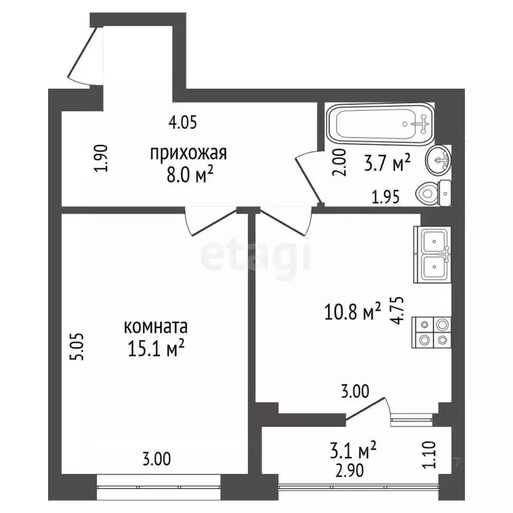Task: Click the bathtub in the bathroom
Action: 381,124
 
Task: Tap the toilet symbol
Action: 433,193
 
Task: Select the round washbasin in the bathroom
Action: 438,160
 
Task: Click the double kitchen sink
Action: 433,254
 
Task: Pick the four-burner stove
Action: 432,333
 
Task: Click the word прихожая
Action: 188,154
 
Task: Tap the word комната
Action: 156,327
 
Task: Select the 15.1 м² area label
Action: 156,348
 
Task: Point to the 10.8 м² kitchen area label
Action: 353,311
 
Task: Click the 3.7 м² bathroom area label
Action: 387,164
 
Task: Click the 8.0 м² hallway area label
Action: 190,175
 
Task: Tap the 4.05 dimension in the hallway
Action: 183,123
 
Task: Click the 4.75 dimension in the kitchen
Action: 398,310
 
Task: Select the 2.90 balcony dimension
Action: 349,471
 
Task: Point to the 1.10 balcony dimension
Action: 430,455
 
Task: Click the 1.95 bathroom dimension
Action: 385,197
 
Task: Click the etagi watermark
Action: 256,257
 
